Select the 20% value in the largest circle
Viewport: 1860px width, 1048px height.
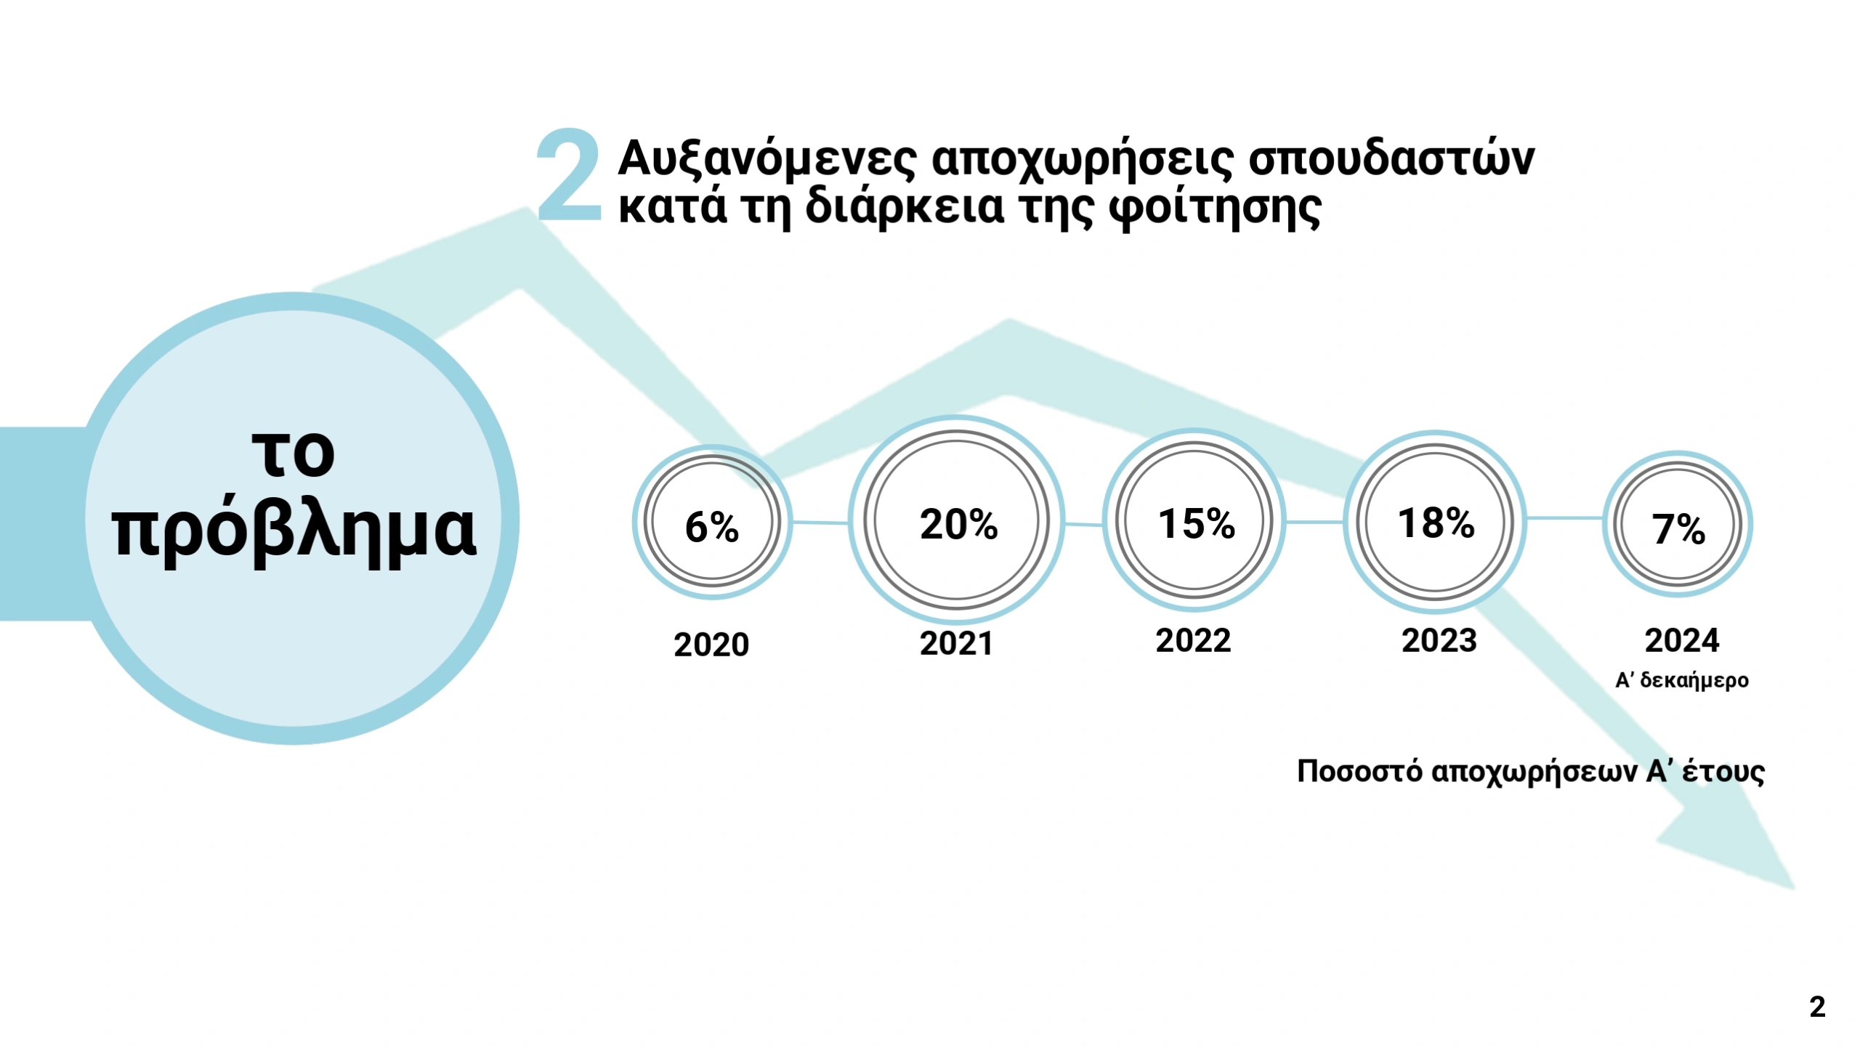958,523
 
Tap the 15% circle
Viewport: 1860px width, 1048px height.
1195,522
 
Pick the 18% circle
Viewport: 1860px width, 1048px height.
1436,522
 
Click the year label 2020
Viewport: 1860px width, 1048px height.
711,645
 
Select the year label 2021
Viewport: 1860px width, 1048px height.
956,643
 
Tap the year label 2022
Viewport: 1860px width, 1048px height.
1193,640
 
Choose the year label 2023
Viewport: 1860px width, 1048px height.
1439,640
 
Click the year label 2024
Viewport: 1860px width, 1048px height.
1682,640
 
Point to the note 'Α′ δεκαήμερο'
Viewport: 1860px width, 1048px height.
1682,680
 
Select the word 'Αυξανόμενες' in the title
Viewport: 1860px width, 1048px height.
767,158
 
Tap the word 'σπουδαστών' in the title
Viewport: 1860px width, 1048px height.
1391,158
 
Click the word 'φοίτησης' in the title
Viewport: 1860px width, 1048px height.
1214,208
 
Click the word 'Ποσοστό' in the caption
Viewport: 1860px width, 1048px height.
1359,770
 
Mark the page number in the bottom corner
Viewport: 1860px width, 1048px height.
1817,1007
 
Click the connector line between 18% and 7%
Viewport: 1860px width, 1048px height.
1564,518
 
